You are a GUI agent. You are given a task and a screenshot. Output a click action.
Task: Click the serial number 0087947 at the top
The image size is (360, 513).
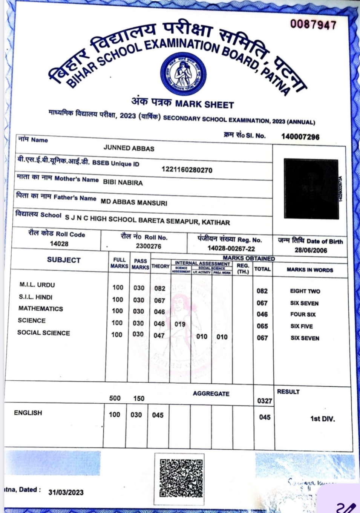point(313,25)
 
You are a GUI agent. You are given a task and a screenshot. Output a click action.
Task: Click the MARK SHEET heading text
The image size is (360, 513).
point(204,104)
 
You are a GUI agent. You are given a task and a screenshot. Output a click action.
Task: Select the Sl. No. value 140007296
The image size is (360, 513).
point(300,136)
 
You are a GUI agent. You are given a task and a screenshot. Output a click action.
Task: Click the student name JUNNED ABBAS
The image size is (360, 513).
point(129,148)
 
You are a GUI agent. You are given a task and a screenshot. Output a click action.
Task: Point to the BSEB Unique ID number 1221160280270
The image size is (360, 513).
point(187,170)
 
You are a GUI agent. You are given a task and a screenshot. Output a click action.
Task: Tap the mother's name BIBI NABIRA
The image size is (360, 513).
point(123,183)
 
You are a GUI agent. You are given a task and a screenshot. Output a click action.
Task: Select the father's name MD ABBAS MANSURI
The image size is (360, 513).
point(134,202)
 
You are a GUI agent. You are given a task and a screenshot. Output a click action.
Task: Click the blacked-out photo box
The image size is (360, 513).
point(311,189)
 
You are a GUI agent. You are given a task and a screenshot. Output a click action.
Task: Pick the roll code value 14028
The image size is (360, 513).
point(59,244)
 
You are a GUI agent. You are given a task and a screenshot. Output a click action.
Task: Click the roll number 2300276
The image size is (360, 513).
point(149,246)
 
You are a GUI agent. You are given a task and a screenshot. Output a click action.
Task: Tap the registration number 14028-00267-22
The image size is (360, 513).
point(231,249)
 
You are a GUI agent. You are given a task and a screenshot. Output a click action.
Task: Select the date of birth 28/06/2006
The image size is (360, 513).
point(311,250)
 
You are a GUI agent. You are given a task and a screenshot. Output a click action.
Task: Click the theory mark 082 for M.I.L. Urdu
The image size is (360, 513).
point(160,288)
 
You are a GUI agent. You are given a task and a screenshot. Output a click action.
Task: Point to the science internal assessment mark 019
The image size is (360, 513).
point(180,324)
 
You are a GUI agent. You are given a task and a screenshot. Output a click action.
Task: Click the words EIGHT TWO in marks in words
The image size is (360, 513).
point(305,291)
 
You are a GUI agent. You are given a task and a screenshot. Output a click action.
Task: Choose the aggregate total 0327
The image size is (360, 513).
point(264,401)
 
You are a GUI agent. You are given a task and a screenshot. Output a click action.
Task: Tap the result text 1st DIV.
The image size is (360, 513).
point(322,419)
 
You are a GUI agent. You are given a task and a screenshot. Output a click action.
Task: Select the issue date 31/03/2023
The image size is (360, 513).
point(66,492)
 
